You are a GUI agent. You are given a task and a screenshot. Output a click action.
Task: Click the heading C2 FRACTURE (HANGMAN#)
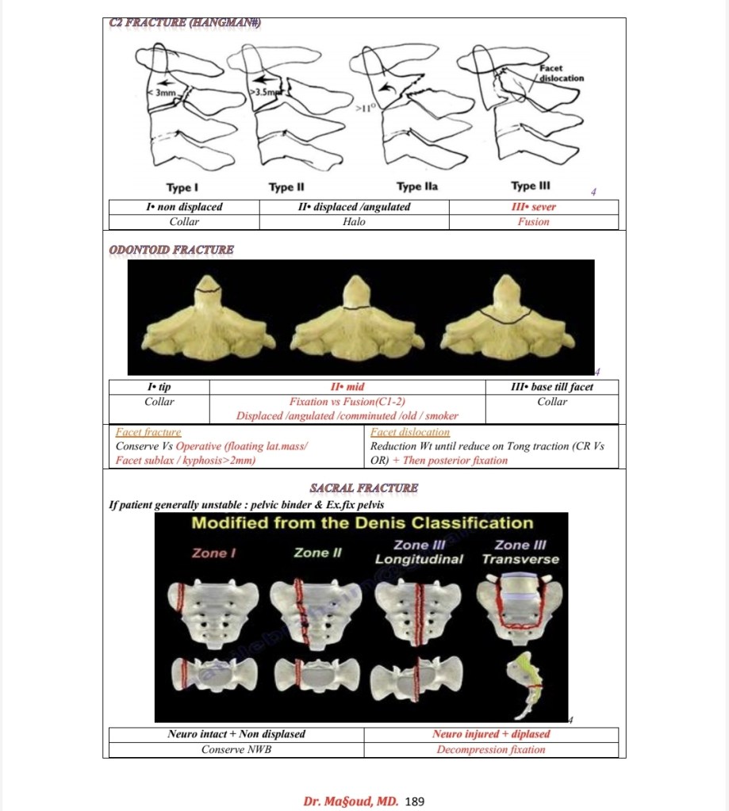[x=184, y=23]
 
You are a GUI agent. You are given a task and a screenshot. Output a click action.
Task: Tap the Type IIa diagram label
[x=417, y=186]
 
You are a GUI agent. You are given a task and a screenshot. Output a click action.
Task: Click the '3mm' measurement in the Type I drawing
[x=165, y=93]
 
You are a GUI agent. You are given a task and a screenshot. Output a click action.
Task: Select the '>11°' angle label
[x=364, y=105]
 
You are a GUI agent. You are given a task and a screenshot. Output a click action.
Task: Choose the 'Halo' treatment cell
[x=354, y=222]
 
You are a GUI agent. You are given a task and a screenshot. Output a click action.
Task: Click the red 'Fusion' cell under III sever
[x=533, y=222]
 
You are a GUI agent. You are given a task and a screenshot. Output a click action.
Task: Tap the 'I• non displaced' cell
[x=184, y=207]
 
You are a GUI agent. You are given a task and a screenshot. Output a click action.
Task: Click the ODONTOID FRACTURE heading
[x=171, y=251]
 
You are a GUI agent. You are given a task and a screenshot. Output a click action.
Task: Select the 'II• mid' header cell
[x=347, y=387]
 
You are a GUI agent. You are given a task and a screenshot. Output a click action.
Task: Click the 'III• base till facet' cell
[x=552, y=387]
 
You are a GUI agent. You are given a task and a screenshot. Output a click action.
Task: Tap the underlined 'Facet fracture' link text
[x=148, y=433]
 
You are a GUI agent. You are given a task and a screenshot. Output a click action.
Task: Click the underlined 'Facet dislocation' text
[x=410, y=433]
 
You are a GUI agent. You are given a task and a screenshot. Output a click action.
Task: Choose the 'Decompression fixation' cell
[x=491, y=749]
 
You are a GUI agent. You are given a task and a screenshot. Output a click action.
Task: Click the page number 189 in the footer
[x=416, y=801]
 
